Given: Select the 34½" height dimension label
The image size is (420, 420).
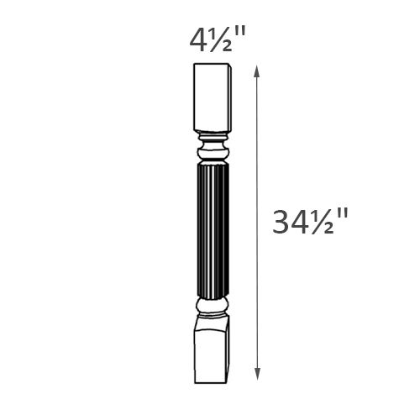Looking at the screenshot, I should click(x=310, y=223).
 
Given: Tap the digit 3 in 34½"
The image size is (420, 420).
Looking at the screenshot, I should click(x=283, y=223).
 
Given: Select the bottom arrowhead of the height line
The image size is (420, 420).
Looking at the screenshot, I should click(x=257, y=375).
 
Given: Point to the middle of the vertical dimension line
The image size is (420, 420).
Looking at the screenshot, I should click(x=257, y=223).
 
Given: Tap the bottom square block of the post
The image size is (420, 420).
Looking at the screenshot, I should click(x=212, y=349).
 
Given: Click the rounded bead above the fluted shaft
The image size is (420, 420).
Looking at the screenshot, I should click(x=213, y=153).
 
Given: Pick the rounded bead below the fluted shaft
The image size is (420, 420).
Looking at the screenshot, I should click(x=213, y=307).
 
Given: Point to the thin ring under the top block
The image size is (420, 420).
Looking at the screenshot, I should click(x=213, y=134).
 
